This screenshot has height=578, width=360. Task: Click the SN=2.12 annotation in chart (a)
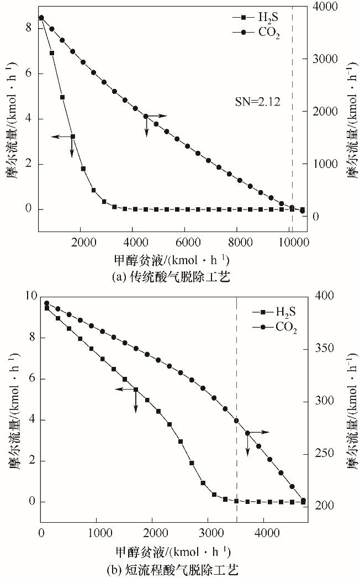tap(257, 102)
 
